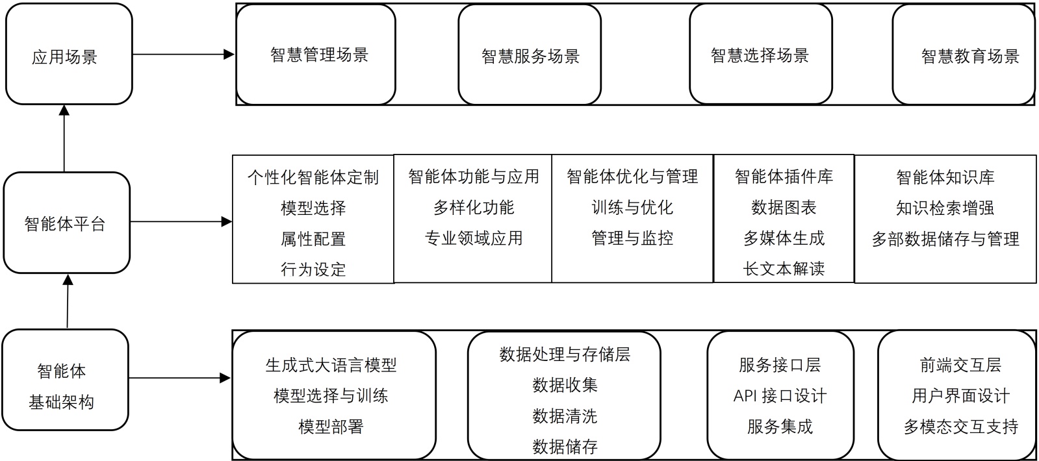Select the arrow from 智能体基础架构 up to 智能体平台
(68, 301)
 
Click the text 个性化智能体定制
(313, 177)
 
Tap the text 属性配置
(313, 239)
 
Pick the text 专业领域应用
(474, 238)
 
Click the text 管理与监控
(632, 238)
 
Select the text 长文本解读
(784, 269)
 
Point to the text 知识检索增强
(945, 208)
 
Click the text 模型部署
(331, 427)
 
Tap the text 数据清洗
(565, 416)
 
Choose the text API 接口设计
(780, 395)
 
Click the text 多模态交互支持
(960, 427)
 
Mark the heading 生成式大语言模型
(331, 365)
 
